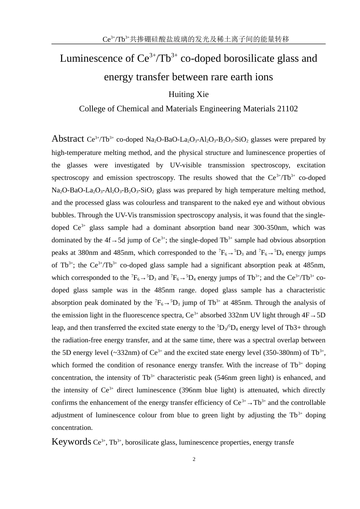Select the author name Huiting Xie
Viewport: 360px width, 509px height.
188,94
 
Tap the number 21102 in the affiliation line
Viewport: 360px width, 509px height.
287,109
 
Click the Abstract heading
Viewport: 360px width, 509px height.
68,139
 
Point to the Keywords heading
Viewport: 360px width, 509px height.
71,442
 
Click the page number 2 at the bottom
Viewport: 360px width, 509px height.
194,459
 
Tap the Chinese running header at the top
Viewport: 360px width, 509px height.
196,39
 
